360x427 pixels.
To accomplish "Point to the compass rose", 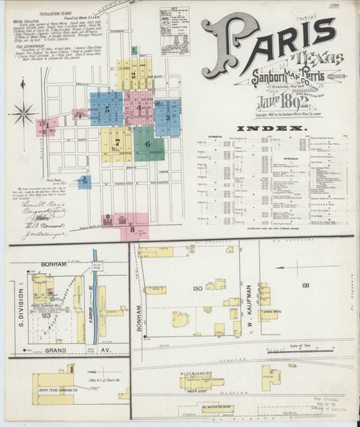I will coord(26,112).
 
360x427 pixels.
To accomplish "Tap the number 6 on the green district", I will coord(147,144).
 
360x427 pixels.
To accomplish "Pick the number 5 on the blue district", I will coord(107,110).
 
